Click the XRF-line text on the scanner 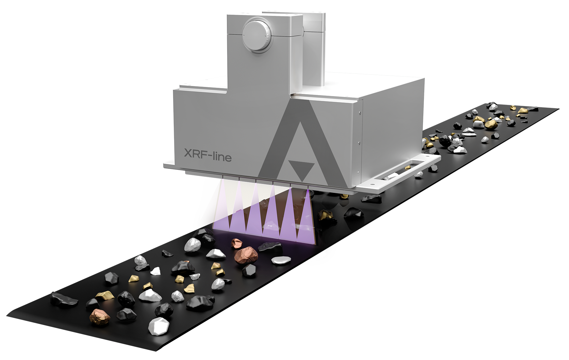coord(208,155)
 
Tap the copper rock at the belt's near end coord(99,317)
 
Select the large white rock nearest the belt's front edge coord(159,326)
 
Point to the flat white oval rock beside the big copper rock coord(281,260)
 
